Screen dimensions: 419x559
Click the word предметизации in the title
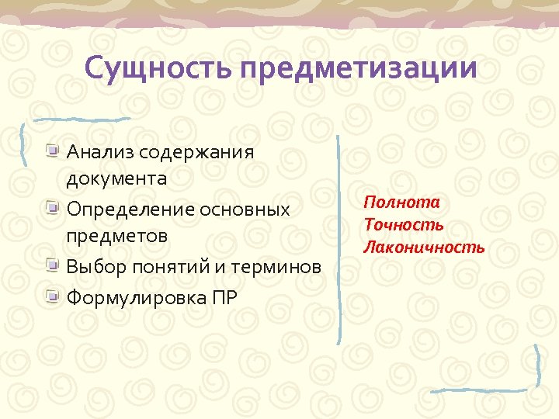pyautogui.click(x=358, y=69)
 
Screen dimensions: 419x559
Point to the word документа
pyautogui.click(x=116, y=179)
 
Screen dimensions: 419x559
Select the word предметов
pyautogui.click(x=117, y=236)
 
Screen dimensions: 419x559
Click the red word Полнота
pyautogui.click(x=401, y=203)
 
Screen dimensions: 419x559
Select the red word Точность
pyautogui.click(x=404, y=225)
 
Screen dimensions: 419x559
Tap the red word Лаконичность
pyautogui.click(x=424, y=248)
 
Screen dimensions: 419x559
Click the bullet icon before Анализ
pyautogui.click(x=52, y=149)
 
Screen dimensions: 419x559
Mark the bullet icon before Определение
pyautogui.click(x=52, y=208)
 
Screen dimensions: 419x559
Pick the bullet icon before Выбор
pyautogui.click(x=52, y=266)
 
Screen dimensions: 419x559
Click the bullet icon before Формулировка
pyautogui.click(x=52, y=296)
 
